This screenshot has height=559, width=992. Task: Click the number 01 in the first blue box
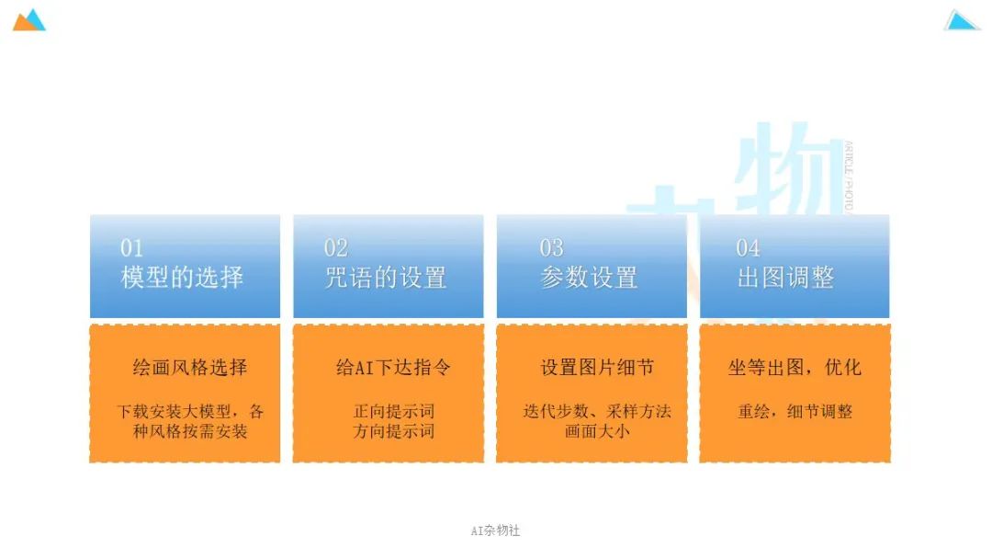[132, 247]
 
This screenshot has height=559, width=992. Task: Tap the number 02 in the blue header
[335, 247]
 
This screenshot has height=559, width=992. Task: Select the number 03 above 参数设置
[551, 247]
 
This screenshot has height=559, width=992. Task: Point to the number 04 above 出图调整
[748, 247]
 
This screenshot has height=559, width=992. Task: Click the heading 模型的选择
[182, 277]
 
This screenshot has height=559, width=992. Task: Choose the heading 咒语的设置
[385, 277]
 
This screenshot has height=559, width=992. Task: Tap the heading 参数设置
[589, 277]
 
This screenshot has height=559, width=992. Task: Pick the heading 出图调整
[785, 277]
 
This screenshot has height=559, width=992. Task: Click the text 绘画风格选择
[190, 368]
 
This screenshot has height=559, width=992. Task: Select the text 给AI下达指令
[393, 368]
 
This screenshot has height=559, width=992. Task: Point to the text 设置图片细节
[597, 368]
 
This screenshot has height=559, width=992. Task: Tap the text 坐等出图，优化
[795, 368]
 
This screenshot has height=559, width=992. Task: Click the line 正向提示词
[394, 411]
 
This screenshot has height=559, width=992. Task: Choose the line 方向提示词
[394, 430]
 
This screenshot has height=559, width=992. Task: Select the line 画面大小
[597, 430]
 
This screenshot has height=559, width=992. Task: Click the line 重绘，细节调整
[795, 411]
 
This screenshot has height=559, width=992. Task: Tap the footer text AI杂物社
[495, 530]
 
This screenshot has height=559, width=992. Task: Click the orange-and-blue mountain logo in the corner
[28, 20]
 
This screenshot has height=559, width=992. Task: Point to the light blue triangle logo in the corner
[962, 20]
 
